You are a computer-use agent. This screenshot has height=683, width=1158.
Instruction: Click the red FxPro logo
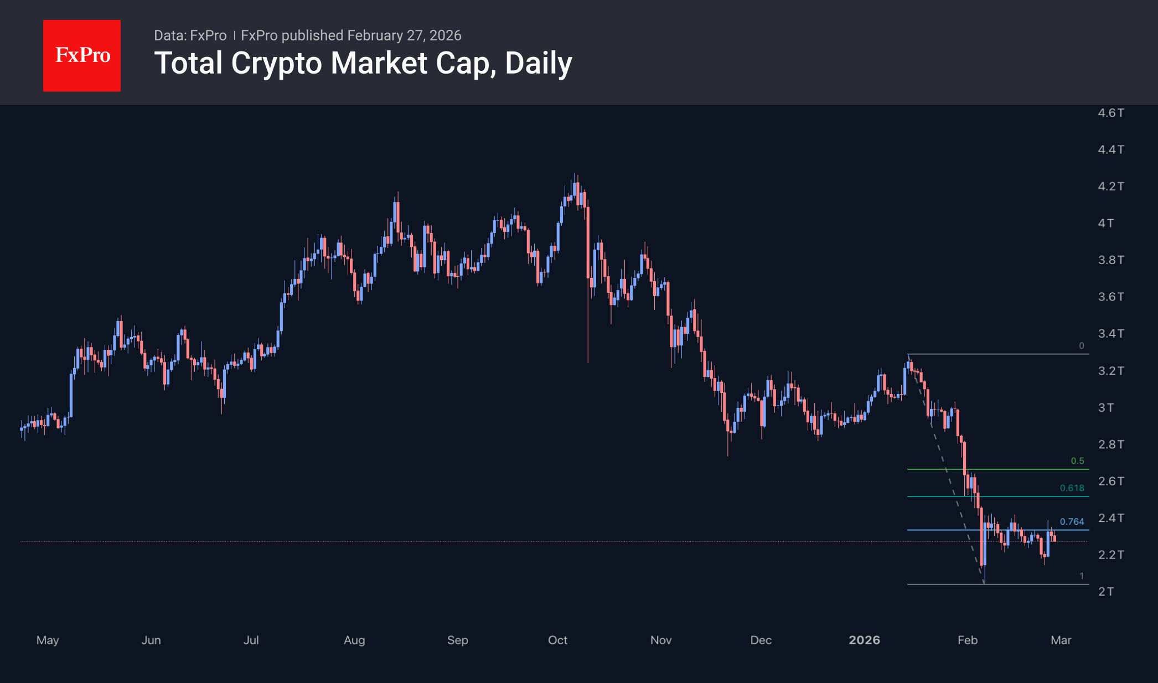[82, 55]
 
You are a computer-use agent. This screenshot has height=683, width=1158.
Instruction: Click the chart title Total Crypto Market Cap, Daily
[363, 63]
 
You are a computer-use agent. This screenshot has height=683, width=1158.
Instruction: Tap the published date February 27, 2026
[404, 35]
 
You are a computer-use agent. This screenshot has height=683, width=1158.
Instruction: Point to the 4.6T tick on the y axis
[1110, 113]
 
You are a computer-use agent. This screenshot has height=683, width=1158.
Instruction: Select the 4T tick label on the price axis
[1105, 223]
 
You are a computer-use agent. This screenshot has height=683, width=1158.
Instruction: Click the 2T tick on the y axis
[1105, 592]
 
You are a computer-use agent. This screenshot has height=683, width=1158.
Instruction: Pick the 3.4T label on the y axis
[1110, 334]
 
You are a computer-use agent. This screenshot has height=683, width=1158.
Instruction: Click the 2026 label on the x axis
[864, 640]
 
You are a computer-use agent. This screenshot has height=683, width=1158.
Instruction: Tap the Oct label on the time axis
[557, 640]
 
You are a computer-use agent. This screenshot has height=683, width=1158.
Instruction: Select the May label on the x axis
[48, 640]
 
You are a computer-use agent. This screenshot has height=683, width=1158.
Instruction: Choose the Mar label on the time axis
[1061, 640]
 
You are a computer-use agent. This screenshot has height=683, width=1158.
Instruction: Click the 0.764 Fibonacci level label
[1072, 521]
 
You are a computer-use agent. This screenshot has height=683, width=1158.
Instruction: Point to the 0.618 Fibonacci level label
[1072, 488]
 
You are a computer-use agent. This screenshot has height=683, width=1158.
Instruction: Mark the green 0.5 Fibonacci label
[1077, 461]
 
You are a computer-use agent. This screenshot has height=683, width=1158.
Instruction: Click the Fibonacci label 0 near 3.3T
[1081, 346]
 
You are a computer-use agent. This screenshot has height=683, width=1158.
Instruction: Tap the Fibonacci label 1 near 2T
[1081, 576]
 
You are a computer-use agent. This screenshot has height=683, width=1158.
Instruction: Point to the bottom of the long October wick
[588, 362]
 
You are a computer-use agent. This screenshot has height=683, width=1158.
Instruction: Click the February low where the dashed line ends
[984, 583]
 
